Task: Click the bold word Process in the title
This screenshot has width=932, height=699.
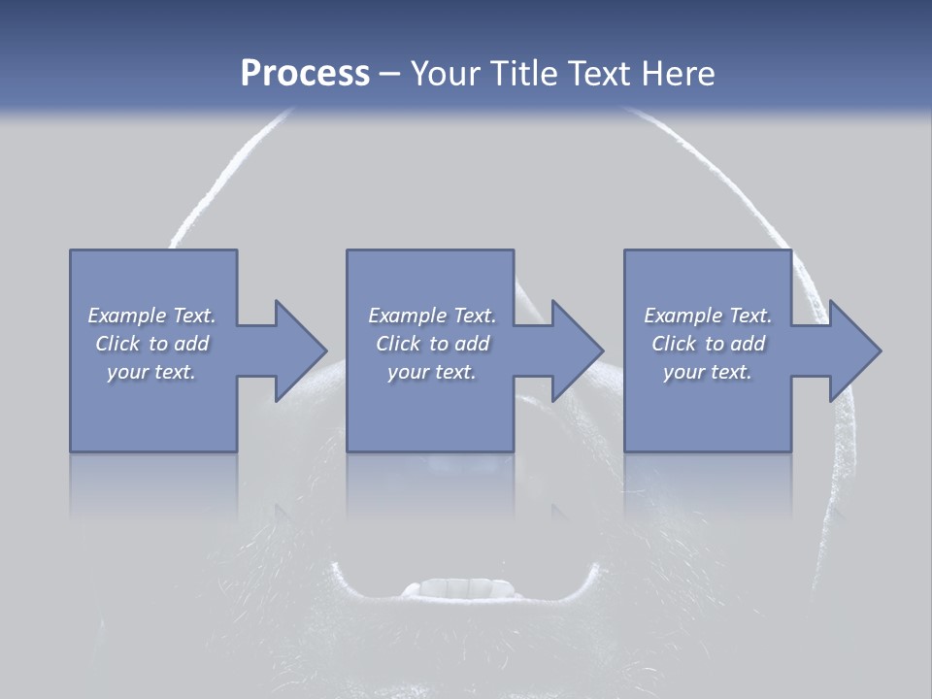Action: [x=305, y=74]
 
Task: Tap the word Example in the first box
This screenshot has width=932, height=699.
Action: [x=126, y=316]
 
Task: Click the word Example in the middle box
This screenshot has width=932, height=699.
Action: [x=407, y=316]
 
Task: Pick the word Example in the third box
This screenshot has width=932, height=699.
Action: [x=682, y=316]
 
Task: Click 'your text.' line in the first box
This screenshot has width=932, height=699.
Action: [x=151, y=372]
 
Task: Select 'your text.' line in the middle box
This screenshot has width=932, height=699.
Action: [x=431, y=372]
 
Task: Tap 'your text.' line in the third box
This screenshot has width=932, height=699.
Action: [x=708, y=372]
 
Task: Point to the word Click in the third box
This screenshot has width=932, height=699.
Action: [x=675, y=344]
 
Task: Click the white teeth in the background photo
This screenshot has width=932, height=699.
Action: [x=457, y=588]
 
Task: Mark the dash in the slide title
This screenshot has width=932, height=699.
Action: [x=389, y=74]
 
